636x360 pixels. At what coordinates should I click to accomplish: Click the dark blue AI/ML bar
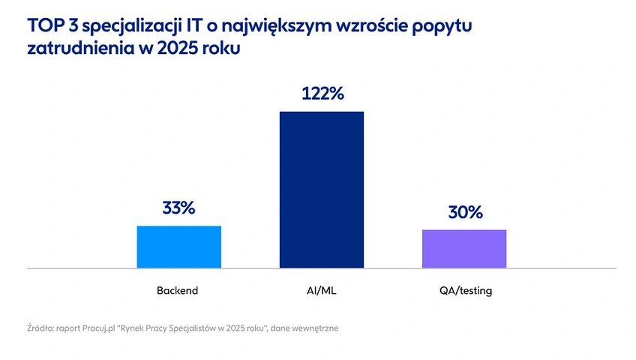[x=321, y=189]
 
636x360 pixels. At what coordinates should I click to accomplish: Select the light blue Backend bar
[x=178, y=246]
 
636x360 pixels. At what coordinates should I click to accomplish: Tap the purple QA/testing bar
[x=464, y=248]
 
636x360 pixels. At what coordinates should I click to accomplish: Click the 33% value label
[x=178, y=208]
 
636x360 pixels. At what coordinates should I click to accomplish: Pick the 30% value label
[x=465, y=212]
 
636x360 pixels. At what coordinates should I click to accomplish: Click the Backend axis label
[x=178, y=290]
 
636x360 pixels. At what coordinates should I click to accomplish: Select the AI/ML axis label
[x=322, y=290]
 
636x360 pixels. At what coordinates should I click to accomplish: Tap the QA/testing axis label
[x=465, y=290]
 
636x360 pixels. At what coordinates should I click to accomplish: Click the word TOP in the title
[x=43, y=27]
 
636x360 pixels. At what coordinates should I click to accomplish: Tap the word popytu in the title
[x=449, y=28]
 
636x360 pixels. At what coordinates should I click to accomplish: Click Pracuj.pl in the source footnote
[x=100, y=328]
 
